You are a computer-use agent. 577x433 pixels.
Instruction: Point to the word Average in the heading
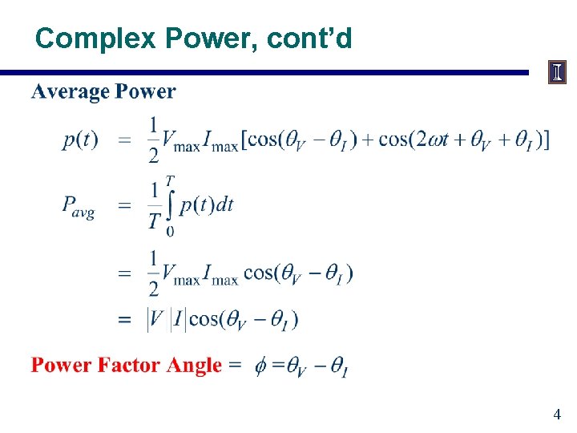(x=70, y=91)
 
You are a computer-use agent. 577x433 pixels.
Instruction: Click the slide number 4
(x=557, y=415)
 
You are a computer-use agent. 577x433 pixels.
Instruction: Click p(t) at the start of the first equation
(x=80, y=140)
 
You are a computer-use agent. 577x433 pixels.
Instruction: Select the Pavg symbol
(x=79, y=206)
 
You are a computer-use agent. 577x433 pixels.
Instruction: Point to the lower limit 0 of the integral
(x=170, y=233)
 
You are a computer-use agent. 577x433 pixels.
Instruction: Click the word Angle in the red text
(x=196, y=366)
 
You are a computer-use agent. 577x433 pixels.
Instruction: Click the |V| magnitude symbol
(x=155, y=319)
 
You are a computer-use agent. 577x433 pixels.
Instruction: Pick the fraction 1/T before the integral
(x=154, y=205)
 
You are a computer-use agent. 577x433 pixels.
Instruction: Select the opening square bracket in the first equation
(x=244, y=140)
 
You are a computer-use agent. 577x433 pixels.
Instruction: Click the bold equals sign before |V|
(x=125, y=320)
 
